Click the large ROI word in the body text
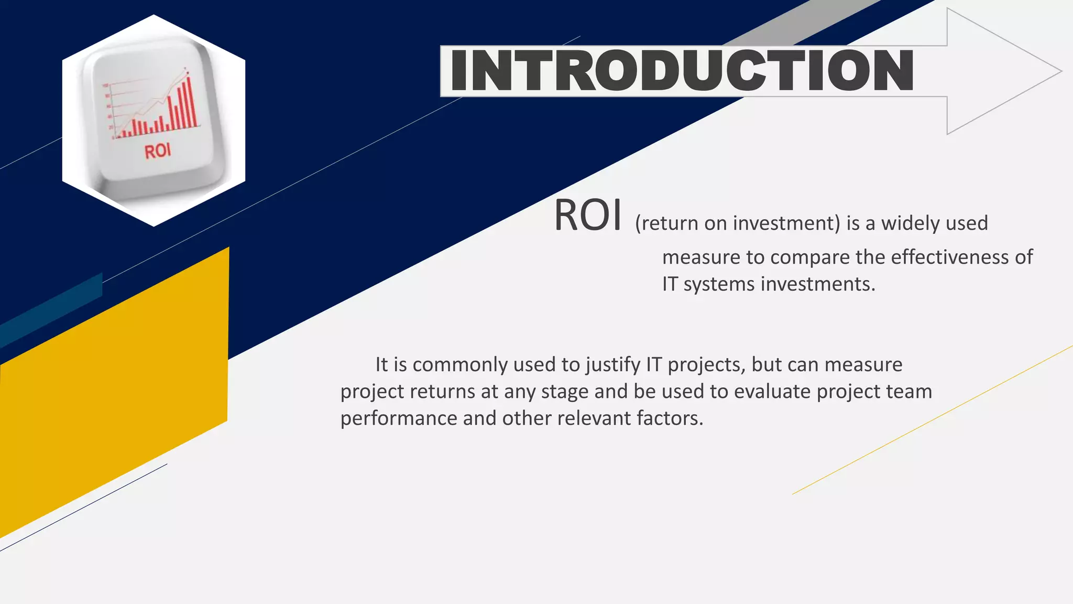pyautogui.click(x=588, y=215)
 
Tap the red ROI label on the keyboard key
pyautogui.click(x=158, y=151)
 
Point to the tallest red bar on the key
pyautogui.click(x=189, y=102)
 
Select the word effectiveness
pyautogui.click(x=950, y=257)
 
